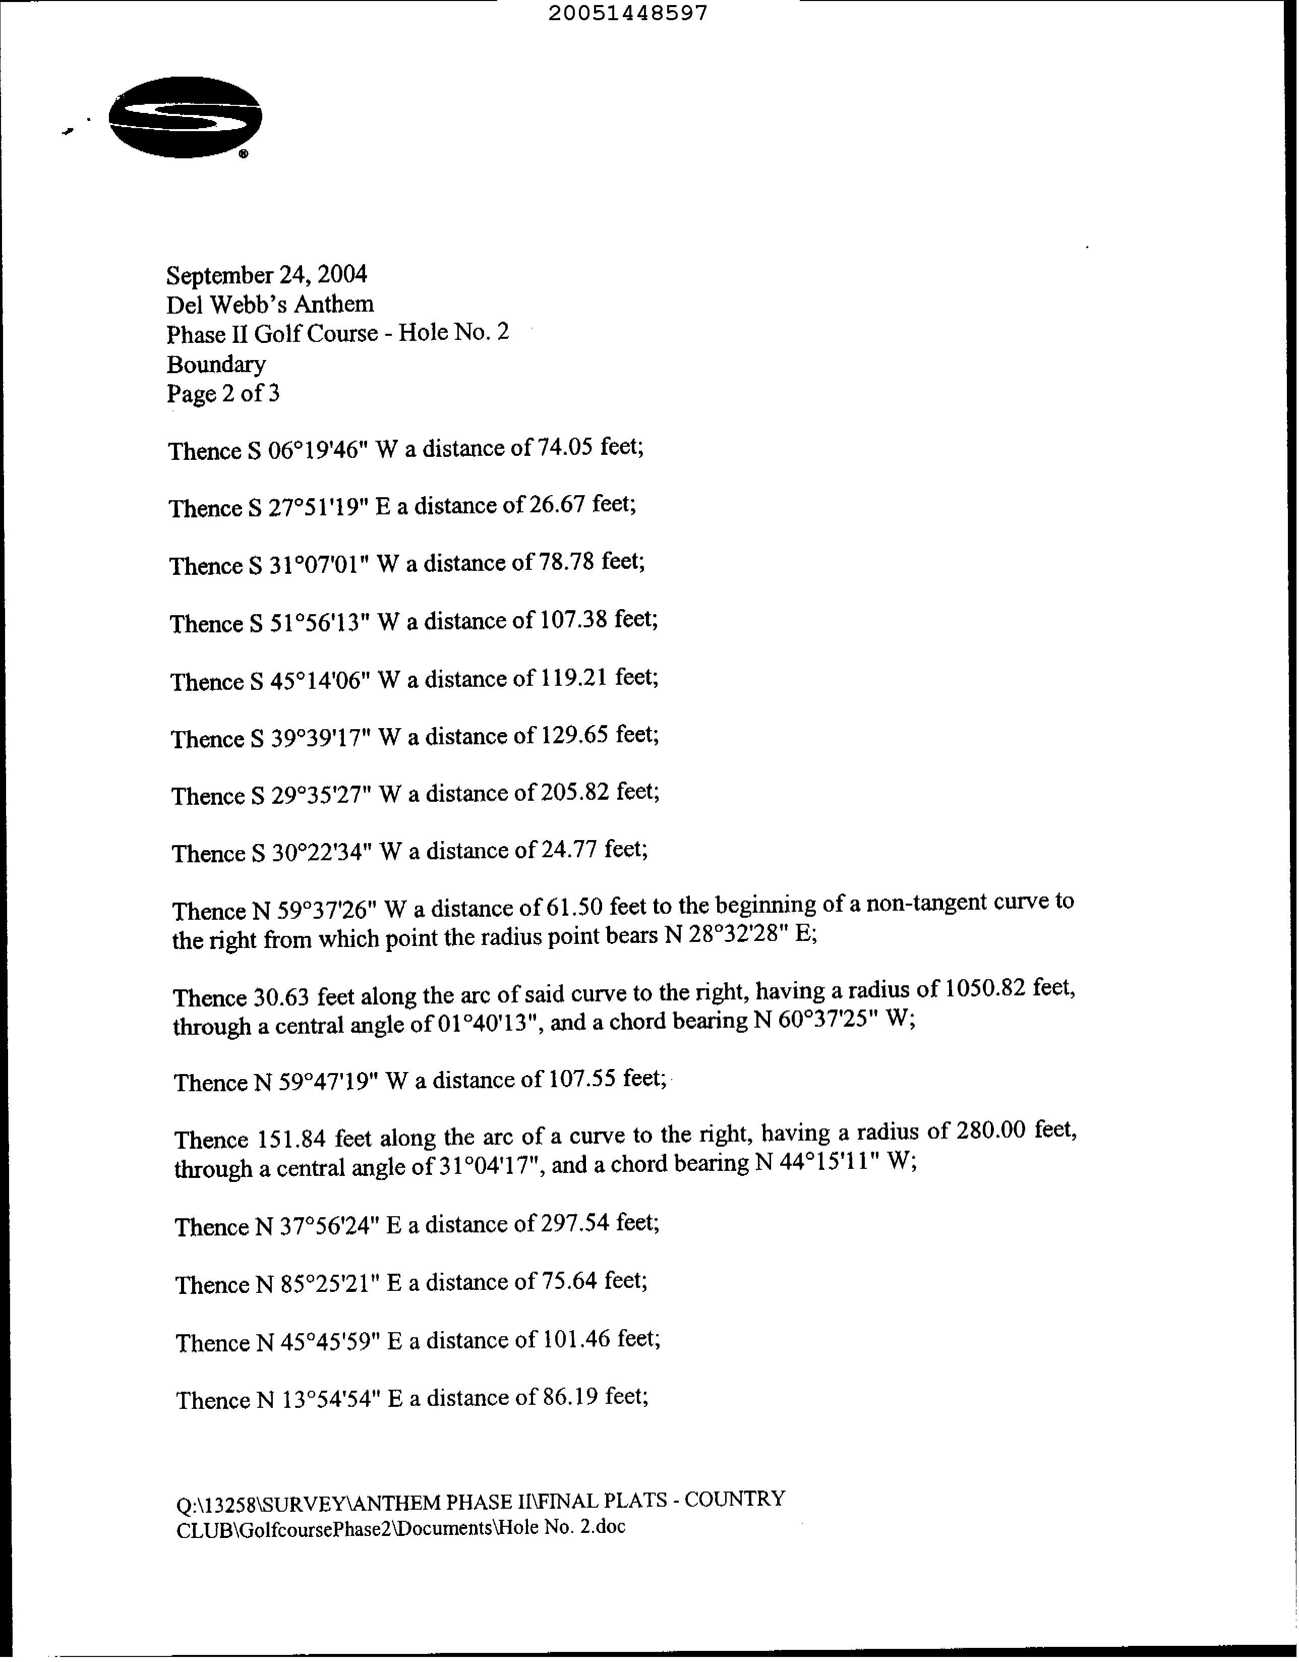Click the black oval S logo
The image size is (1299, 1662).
coord(186,118)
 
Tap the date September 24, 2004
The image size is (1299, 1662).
coord(266,274)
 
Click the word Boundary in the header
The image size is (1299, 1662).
coord(216,365)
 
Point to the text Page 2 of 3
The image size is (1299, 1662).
coord(223,393)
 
